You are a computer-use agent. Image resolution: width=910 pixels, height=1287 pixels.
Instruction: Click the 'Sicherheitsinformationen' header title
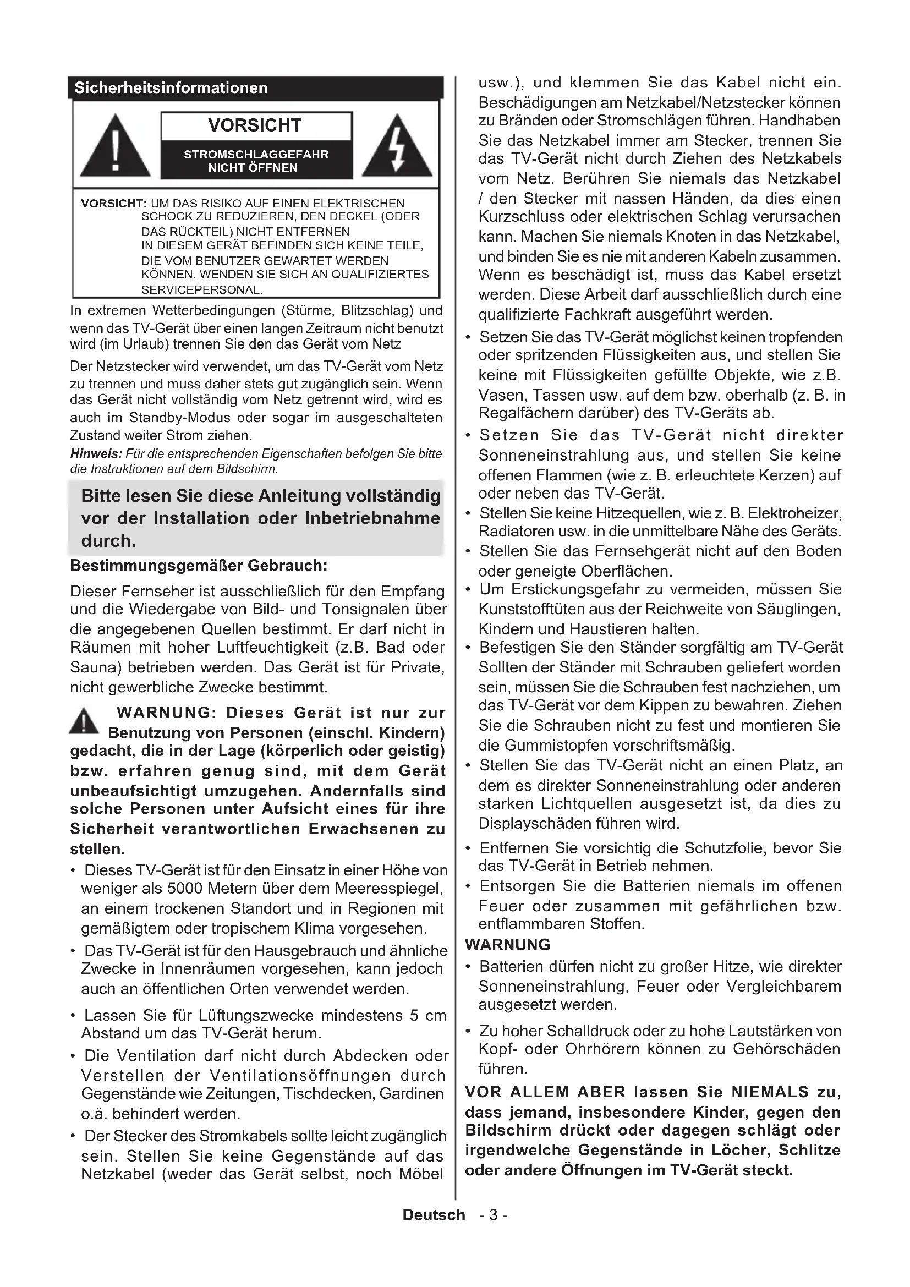(x=171, y=88)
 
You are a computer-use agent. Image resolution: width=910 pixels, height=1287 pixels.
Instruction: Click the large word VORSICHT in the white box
(x=255, y=125)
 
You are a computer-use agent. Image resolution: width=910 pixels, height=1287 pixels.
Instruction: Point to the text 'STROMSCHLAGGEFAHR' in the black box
(x=256, y=155)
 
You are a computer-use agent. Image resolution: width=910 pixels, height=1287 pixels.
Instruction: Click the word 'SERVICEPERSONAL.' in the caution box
(x=202, y=291)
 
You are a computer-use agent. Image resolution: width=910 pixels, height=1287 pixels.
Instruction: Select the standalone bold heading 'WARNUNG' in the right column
(x=507, y=945)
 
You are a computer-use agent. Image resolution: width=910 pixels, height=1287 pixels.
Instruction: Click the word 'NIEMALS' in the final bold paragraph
(x=770, y=1092)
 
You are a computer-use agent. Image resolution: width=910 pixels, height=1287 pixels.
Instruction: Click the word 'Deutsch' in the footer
(x=434, y=1215)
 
